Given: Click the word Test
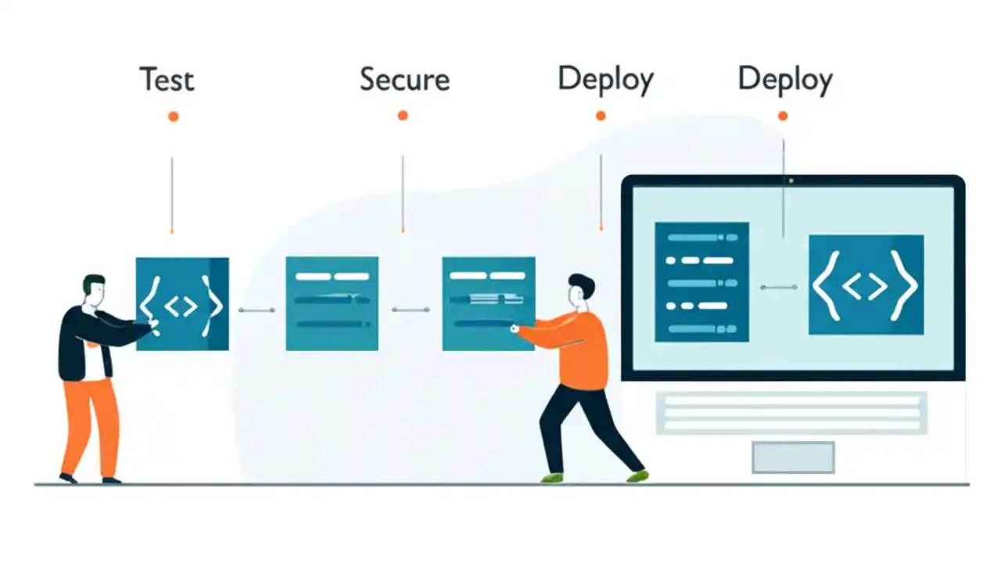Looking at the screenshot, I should point(167,80).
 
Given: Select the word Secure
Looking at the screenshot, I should point(404,80).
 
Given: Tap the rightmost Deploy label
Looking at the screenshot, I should point(785,80).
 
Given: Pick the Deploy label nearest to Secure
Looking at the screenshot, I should point(605,80).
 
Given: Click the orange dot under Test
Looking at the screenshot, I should point(173,117).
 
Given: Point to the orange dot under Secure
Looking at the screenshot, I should point(403,116).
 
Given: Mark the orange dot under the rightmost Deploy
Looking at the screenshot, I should point(783,116).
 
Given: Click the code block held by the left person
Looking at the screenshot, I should point(183,303).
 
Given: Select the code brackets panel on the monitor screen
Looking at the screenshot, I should point(866,285).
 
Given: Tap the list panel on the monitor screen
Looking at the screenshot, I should point(701,281).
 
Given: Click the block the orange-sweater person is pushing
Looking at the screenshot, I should point(488,303).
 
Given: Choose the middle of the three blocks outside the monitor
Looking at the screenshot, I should point(332,303).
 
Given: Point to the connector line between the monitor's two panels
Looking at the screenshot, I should point(779,287).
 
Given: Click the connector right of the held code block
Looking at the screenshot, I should point(257,310).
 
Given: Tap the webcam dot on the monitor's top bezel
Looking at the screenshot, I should point(791,181).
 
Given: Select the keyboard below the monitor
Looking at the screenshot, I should point(791,412).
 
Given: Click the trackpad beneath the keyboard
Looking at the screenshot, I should point(793,457).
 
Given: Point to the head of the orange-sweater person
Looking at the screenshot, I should point(580,289).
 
